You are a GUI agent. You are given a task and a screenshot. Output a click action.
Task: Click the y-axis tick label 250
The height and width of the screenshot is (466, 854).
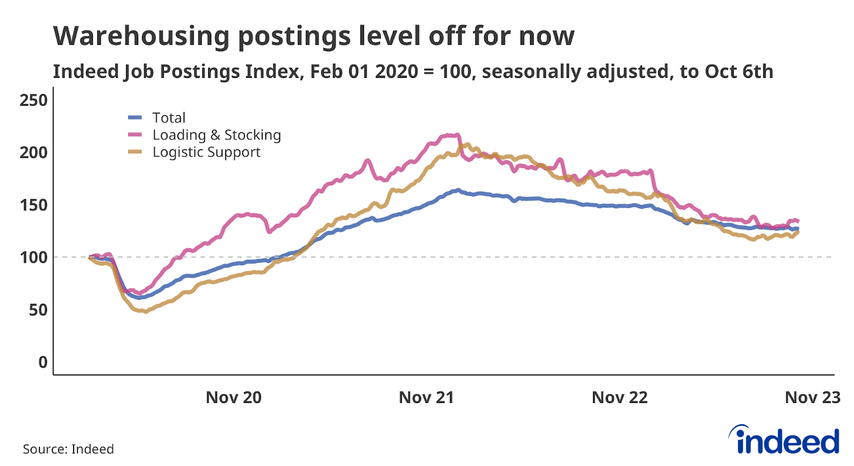coord(33,100)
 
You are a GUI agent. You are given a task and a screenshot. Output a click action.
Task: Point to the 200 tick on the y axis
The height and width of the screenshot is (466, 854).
coord(33,153)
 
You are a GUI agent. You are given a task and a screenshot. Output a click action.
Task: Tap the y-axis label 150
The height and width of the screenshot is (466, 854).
coord(33,205)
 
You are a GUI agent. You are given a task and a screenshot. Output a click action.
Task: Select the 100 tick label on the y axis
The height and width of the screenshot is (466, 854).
coord(33,257)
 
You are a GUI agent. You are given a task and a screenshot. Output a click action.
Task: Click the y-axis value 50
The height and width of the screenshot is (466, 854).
coord(37,310)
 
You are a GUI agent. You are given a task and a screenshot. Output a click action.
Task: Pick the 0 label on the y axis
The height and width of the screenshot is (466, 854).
coord(43,362)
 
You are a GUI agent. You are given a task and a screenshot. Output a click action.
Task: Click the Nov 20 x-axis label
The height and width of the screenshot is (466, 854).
coord(233,398)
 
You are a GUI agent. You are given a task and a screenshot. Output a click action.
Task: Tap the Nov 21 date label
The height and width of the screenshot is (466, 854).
coord(426,398)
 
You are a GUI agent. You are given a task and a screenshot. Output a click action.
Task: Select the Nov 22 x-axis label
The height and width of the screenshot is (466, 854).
coord(619,398)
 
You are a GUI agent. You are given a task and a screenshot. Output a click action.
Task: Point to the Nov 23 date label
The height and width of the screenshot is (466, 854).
coord(812,398)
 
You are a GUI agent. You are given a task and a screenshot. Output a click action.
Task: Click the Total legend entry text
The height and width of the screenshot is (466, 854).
coord(169,118)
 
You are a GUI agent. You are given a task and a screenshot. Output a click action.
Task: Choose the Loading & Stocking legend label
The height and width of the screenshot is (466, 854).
coord(216,135)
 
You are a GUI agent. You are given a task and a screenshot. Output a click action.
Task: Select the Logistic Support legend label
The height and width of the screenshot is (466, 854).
coord(206,152)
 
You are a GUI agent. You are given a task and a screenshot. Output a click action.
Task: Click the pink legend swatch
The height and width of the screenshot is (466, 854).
coord(135,135)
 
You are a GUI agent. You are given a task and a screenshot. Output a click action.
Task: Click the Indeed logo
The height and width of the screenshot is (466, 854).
coord(785,440)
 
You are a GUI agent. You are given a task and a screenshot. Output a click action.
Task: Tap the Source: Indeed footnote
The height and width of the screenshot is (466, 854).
coord(68,449)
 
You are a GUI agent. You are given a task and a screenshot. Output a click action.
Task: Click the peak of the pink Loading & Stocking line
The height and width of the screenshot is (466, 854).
coord(451,135)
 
